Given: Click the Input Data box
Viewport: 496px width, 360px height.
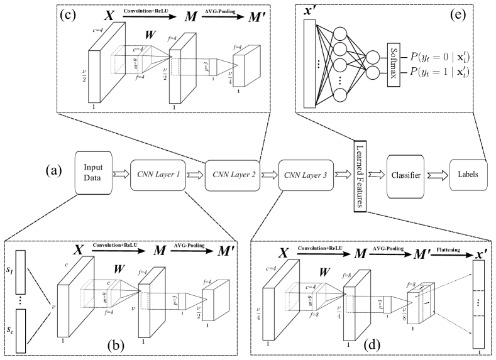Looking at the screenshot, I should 93,172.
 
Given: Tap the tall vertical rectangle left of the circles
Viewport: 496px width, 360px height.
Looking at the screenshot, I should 308,63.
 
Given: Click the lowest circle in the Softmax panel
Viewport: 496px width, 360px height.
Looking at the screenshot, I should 339,95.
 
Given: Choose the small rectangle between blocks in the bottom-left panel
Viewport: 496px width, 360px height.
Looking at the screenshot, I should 182,300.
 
